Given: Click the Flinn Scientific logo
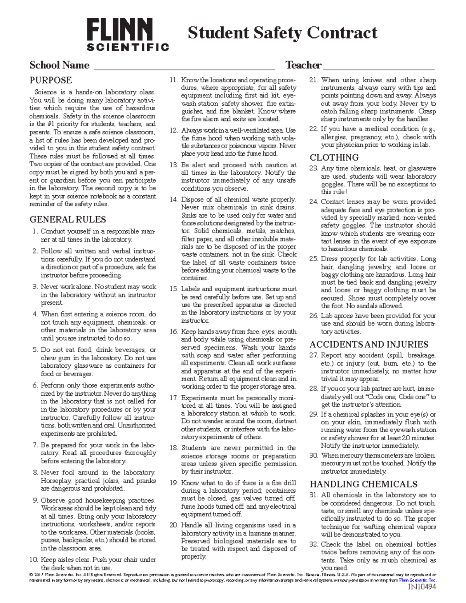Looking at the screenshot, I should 128,35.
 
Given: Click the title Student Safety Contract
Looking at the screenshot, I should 282,33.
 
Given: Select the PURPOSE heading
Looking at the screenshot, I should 50,80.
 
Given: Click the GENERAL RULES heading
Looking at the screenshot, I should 68,219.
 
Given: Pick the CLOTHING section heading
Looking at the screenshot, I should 334,157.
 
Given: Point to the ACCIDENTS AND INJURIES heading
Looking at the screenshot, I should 369,344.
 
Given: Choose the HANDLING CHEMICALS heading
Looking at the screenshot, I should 363,484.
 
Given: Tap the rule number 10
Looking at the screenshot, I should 34,560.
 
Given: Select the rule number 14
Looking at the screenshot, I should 174,200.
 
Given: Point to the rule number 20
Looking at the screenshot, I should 174,525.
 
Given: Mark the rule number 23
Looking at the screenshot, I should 313,169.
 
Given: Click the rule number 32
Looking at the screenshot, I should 313,544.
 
